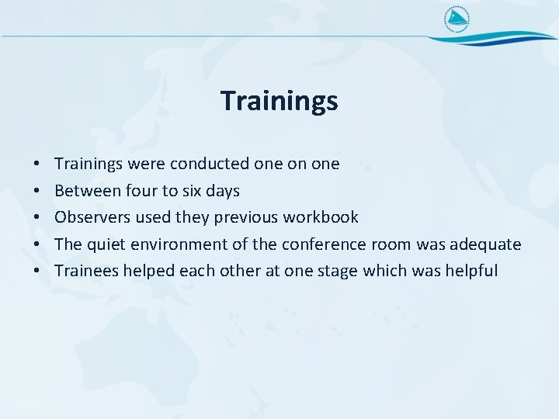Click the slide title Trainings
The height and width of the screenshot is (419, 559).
pyautogui.click(x=279, y=101)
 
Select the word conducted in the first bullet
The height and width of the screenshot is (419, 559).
pyautogui.click(x=210, y=164)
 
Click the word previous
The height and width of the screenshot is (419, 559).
pyautogui.click(x=246, y=217)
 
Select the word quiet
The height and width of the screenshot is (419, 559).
pyautogui.click(x=106, y=244)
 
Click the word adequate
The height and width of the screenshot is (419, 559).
pyautogui.click(x=484, y=244)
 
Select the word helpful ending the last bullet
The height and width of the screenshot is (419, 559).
pyautogui.click(x=468, y=271)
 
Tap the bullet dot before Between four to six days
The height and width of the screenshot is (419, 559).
pyautogui.click(x=37, y=192)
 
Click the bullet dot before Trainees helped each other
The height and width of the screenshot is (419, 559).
pyautogui.click(x=37, y=272)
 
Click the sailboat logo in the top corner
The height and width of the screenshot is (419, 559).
pyautogui.click(x=457, y=20)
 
